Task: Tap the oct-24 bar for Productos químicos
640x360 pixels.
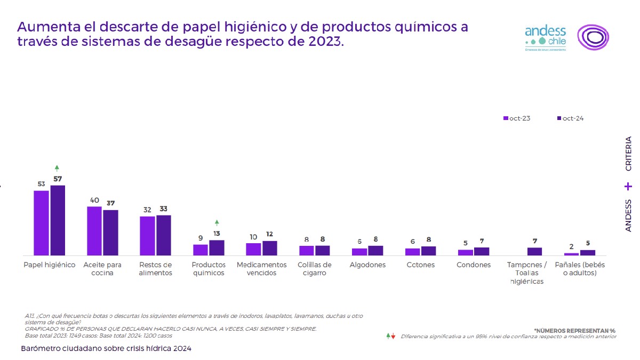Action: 217,247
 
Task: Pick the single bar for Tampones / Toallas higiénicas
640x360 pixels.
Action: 534,251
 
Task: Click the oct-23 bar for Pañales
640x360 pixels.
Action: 571,254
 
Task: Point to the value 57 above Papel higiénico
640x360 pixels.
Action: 58,179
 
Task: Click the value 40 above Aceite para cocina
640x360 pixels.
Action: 94,201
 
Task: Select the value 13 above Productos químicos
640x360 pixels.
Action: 217,234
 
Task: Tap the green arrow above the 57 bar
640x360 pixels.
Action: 57,168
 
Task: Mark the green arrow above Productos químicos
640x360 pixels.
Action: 217,222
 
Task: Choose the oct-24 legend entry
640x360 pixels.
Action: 570,118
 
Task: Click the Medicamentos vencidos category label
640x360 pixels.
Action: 261,269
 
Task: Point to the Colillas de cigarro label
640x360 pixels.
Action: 315,269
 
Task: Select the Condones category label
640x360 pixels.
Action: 474,265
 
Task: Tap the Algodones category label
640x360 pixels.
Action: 367,265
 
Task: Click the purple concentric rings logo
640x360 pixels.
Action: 593,37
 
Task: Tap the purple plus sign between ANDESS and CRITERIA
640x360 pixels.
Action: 628,187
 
